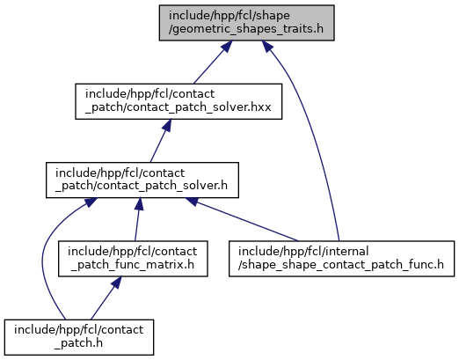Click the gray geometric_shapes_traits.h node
(x=246, y=23)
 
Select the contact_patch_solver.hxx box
(x=178, y=101)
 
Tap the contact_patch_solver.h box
(x=142, y=180)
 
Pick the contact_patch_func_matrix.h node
(x=133, y=259)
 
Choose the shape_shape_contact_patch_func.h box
(x=341, y=259)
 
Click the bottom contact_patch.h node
(x=79, y=337)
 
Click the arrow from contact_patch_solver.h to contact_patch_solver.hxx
(x=160, y=141)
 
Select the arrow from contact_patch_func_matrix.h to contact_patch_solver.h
(x=137, y=219)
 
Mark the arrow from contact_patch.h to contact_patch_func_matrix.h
(x=106, y=298)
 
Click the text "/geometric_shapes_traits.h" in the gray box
(x=246, y=29)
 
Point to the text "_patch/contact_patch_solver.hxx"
(x=178, y=107)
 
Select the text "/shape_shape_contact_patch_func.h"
(x=341, y=265)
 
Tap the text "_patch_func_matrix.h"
(x=133, y=265)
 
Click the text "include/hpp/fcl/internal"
(x=303, y=252)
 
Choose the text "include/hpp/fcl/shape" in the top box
(x=229, y=16)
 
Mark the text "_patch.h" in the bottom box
(x=78, y=343)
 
